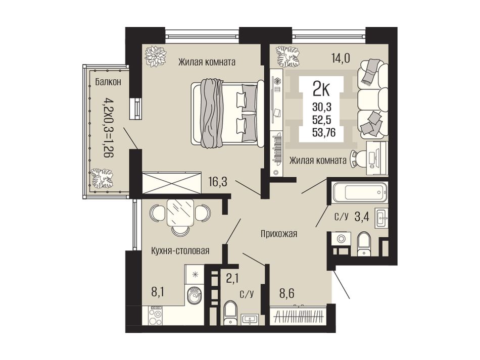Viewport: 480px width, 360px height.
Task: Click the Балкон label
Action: [x=108, y=82]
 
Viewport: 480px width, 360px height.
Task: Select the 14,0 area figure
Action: [x=340, y=58]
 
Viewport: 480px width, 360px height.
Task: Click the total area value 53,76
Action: [x=323, y=132]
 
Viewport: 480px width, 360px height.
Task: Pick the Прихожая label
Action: [x=279, y=234]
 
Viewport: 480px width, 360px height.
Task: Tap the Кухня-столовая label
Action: [x=180, y=251]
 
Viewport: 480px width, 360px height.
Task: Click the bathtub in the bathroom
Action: [x=360, y=192]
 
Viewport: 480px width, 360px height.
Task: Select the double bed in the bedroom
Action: [x=227, y=114]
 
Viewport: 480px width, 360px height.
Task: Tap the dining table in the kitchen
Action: [x=180, y=213]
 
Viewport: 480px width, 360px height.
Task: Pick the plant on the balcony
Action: [x=102, y=179]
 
